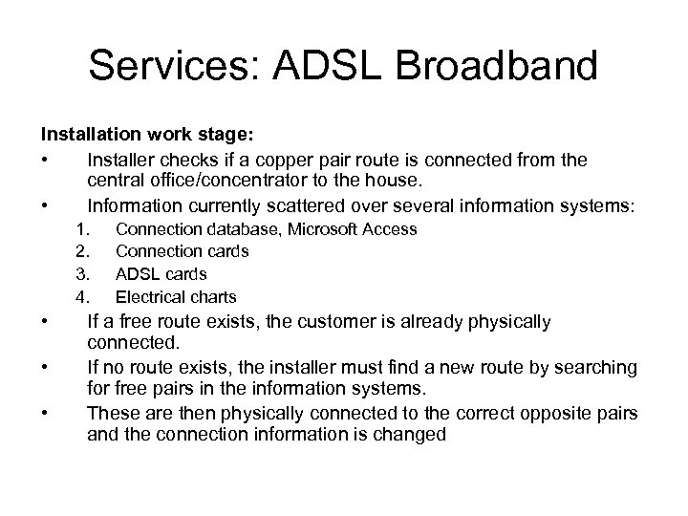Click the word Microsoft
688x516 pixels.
coord(315,228)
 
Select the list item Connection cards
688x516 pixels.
coord(182,251)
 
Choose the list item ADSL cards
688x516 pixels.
coord(161,274)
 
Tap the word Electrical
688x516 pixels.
coord(149,297)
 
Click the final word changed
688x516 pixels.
coord(412,434)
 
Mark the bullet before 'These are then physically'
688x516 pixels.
coord(44,412)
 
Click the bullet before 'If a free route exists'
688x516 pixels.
coord(44,322)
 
